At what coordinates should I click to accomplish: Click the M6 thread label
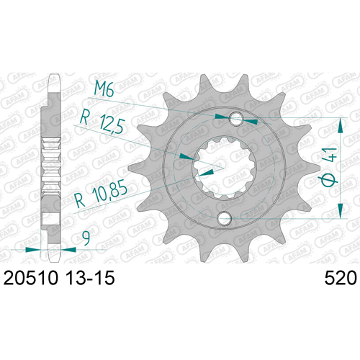point(104,89)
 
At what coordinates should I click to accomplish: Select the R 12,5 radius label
point(102,123)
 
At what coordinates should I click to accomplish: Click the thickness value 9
point(86,238)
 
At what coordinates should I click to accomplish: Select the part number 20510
point(31,278)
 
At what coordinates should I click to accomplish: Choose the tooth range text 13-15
point(90,278)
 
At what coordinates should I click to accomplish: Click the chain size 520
point(341,278)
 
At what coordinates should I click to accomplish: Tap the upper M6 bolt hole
point(236,119)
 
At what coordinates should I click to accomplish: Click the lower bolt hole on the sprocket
point(224,218)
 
